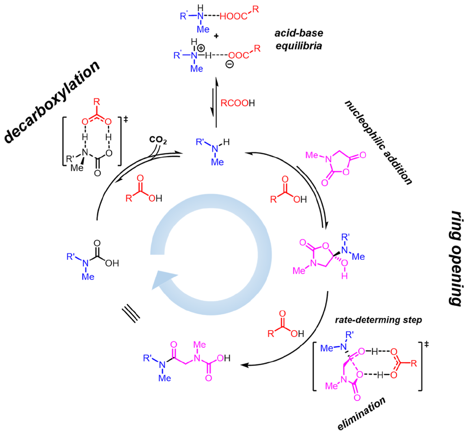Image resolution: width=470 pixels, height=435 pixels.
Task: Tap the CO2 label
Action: coord(158,140)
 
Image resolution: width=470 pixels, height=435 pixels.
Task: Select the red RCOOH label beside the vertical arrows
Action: coord(238,103)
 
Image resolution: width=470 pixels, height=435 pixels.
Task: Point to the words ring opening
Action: coord(456,258)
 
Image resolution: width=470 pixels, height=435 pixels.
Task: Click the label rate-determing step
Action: coord(378,320)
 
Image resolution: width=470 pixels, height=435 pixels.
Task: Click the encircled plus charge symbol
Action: coord(201,48)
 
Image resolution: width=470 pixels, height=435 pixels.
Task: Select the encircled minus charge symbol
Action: coord(230,64)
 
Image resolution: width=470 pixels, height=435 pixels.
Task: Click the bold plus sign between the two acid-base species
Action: coord(216,36)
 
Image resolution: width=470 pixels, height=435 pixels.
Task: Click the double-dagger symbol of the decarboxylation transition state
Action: coord(126,119)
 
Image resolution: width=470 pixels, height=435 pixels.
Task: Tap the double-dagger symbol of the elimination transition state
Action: coord(427,344)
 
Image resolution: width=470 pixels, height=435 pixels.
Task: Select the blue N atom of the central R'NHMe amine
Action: coord(215,149)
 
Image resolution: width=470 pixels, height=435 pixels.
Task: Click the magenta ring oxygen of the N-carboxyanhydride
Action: coord(346,172)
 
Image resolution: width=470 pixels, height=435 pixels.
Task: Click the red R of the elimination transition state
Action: coord(414,363)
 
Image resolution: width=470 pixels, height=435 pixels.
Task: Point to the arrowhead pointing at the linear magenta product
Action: coord(244,365)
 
